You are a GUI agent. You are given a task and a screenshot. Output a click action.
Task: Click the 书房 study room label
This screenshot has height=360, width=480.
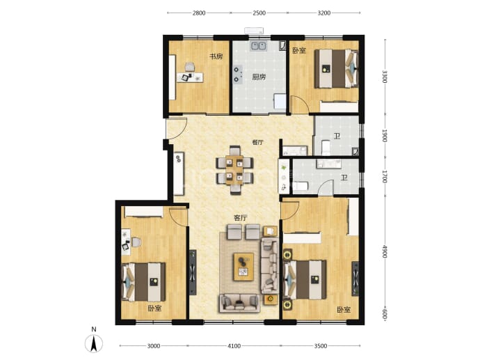[216, 56]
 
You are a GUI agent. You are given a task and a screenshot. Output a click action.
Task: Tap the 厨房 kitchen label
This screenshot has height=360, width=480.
[259, 77]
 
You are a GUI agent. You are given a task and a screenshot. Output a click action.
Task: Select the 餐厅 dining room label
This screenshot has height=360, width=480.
[257, 142]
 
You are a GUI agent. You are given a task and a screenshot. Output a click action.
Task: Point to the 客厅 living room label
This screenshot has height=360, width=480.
[240, 218]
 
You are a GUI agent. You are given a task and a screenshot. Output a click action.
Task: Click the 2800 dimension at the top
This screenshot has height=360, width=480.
[199, 13]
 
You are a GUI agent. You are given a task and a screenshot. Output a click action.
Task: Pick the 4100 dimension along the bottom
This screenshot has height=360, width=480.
[234, 346]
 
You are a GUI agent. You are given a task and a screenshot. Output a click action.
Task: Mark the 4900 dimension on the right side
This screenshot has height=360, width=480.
[385, 251]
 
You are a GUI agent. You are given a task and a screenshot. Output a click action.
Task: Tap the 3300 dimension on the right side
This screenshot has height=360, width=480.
[385, 77]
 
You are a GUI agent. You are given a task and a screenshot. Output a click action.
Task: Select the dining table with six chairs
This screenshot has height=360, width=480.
[235, 170]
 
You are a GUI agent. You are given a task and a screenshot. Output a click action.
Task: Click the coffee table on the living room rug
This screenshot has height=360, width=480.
[243, 267]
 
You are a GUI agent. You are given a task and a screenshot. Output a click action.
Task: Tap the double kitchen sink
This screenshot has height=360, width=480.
[259, 46]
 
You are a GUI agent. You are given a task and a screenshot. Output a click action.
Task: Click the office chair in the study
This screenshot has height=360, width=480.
[189, 66]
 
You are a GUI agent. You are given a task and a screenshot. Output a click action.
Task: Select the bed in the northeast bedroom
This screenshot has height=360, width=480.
[336, 69]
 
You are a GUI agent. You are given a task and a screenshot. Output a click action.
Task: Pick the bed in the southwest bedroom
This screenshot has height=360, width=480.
[143, 282]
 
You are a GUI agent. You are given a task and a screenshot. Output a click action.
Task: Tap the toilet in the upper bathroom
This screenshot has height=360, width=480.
[326, 148]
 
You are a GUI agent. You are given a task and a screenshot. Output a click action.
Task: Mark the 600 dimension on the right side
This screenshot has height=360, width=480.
[385, 314]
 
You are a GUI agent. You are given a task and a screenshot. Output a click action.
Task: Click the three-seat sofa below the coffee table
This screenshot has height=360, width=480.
[240, 303]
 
